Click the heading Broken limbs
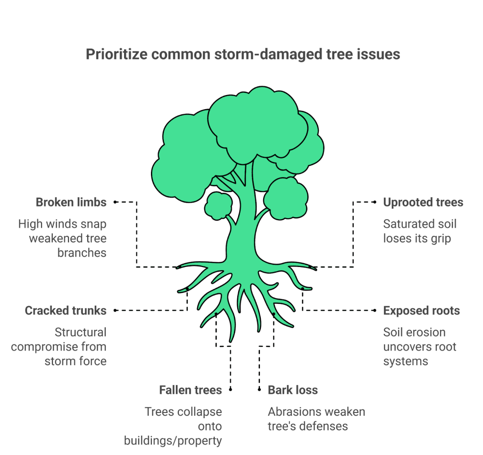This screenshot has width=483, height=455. tap(71, 202)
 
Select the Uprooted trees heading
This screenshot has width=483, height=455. tap(423, 202)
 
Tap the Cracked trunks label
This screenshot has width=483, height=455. tap(66, 310)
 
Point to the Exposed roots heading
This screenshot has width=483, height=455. tap(421, 310)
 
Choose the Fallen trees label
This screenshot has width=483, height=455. tap(190, 390)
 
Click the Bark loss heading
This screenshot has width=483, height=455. tap(292, 390)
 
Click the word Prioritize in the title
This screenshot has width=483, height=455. tap(117, 54)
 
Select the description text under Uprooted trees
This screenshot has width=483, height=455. tap(419, 231)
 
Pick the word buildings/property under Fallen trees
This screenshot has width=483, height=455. tap(173, 440)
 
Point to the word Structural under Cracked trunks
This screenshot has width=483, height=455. tap(81, 332)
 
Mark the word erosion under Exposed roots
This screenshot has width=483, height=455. tap(427, 332)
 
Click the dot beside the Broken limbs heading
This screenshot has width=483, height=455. tap(116, 202)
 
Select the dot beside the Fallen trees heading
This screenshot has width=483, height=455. tap(231, 390)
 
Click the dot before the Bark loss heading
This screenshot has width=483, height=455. tap(259, 390)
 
